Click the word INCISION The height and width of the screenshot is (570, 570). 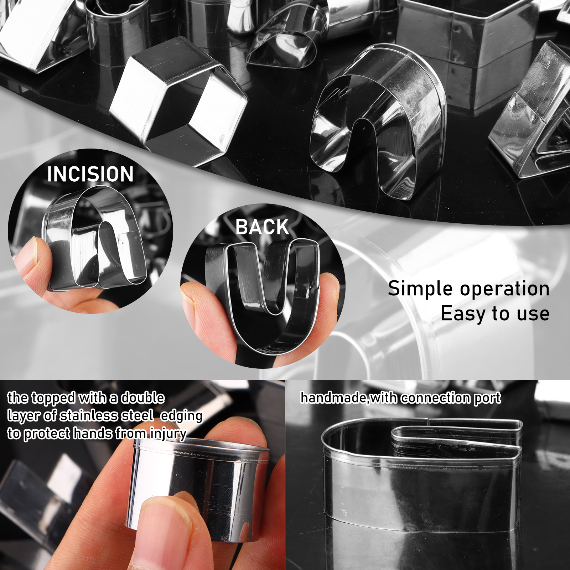(90, 174)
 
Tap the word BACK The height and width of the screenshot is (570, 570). (262, 227)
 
